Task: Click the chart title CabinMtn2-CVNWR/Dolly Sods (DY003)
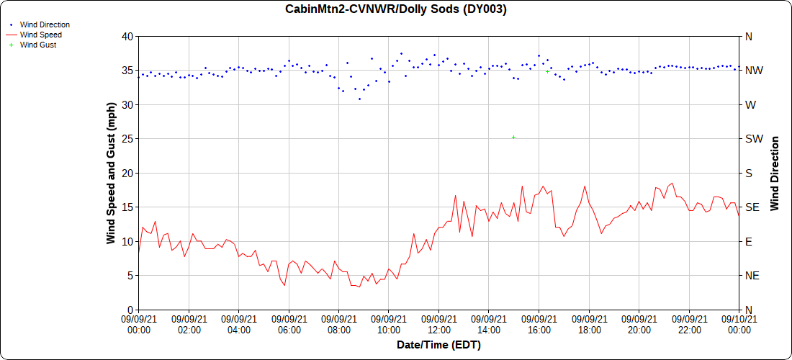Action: click(x=395, y=9)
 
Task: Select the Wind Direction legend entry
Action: click(x=45, y=24)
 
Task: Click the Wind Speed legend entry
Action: click(x=40, y=35)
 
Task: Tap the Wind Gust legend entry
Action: click(x=38, y=45)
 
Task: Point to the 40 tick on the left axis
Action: click(x=127, y=36)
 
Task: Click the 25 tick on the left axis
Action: click(x=127, y=138)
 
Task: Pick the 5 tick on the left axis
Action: click(x=130, y=275)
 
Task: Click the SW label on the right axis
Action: click(x=752, y=138)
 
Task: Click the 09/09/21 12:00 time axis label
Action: click(x=438, y=325)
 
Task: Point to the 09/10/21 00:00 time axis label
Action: click(x=739, y=325)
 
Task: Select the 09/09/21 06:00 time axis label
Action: click(x=289, y=325)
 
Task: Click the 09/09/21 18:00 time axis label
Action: click(x=589, y=325)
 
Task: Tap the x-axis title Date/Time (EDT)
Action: click(x=438, y=345)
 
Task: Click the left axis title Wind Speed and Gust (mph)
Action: click(x=111, y=173)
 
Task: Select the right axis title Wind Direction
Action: click(x=775, y=173)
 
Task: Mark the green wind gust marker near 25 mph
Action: click(x=513, y=137)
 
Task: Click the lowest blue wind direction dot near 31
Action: click(x=359, y=99)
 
